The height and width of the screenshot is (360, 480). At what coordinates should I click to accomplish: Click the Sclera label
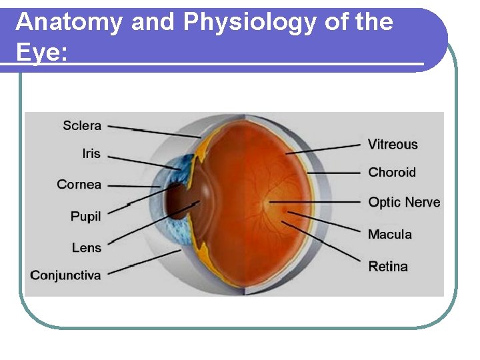(82, 125)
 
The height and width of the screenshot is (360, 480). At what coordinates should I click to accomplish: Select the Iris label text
(91, 153)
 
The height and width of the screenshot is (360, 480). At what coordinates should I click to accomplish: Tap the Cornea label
(79, 185)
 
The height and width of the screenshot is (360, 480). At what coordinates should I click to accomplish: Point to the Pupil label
(85, 216)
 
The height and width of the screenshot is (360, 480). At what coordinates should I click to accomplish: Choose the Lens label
(87, 247)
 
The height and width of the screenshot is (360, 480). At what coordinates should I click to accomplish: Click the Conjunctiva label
(65, 275)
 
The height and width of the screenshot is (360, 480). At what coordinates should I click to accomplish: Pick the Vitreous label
(393, 144)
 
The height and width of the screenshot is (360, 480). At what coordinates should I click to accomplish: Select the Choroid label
(391, 172)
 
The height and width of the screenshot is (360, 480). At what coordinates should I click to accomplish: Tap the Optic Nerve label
(404, 202)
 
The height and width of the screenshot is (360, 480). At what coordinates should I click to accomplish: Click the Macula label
(390, 234)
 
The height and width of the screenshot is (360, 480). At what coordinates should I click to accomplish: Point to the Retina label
(388, 267)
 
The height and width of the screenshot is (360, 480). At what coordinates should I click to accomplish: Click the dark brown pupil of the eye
(177, 202)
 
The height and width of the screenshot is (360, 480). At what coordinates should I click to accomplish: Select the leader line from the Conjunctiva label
(143, 263)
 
